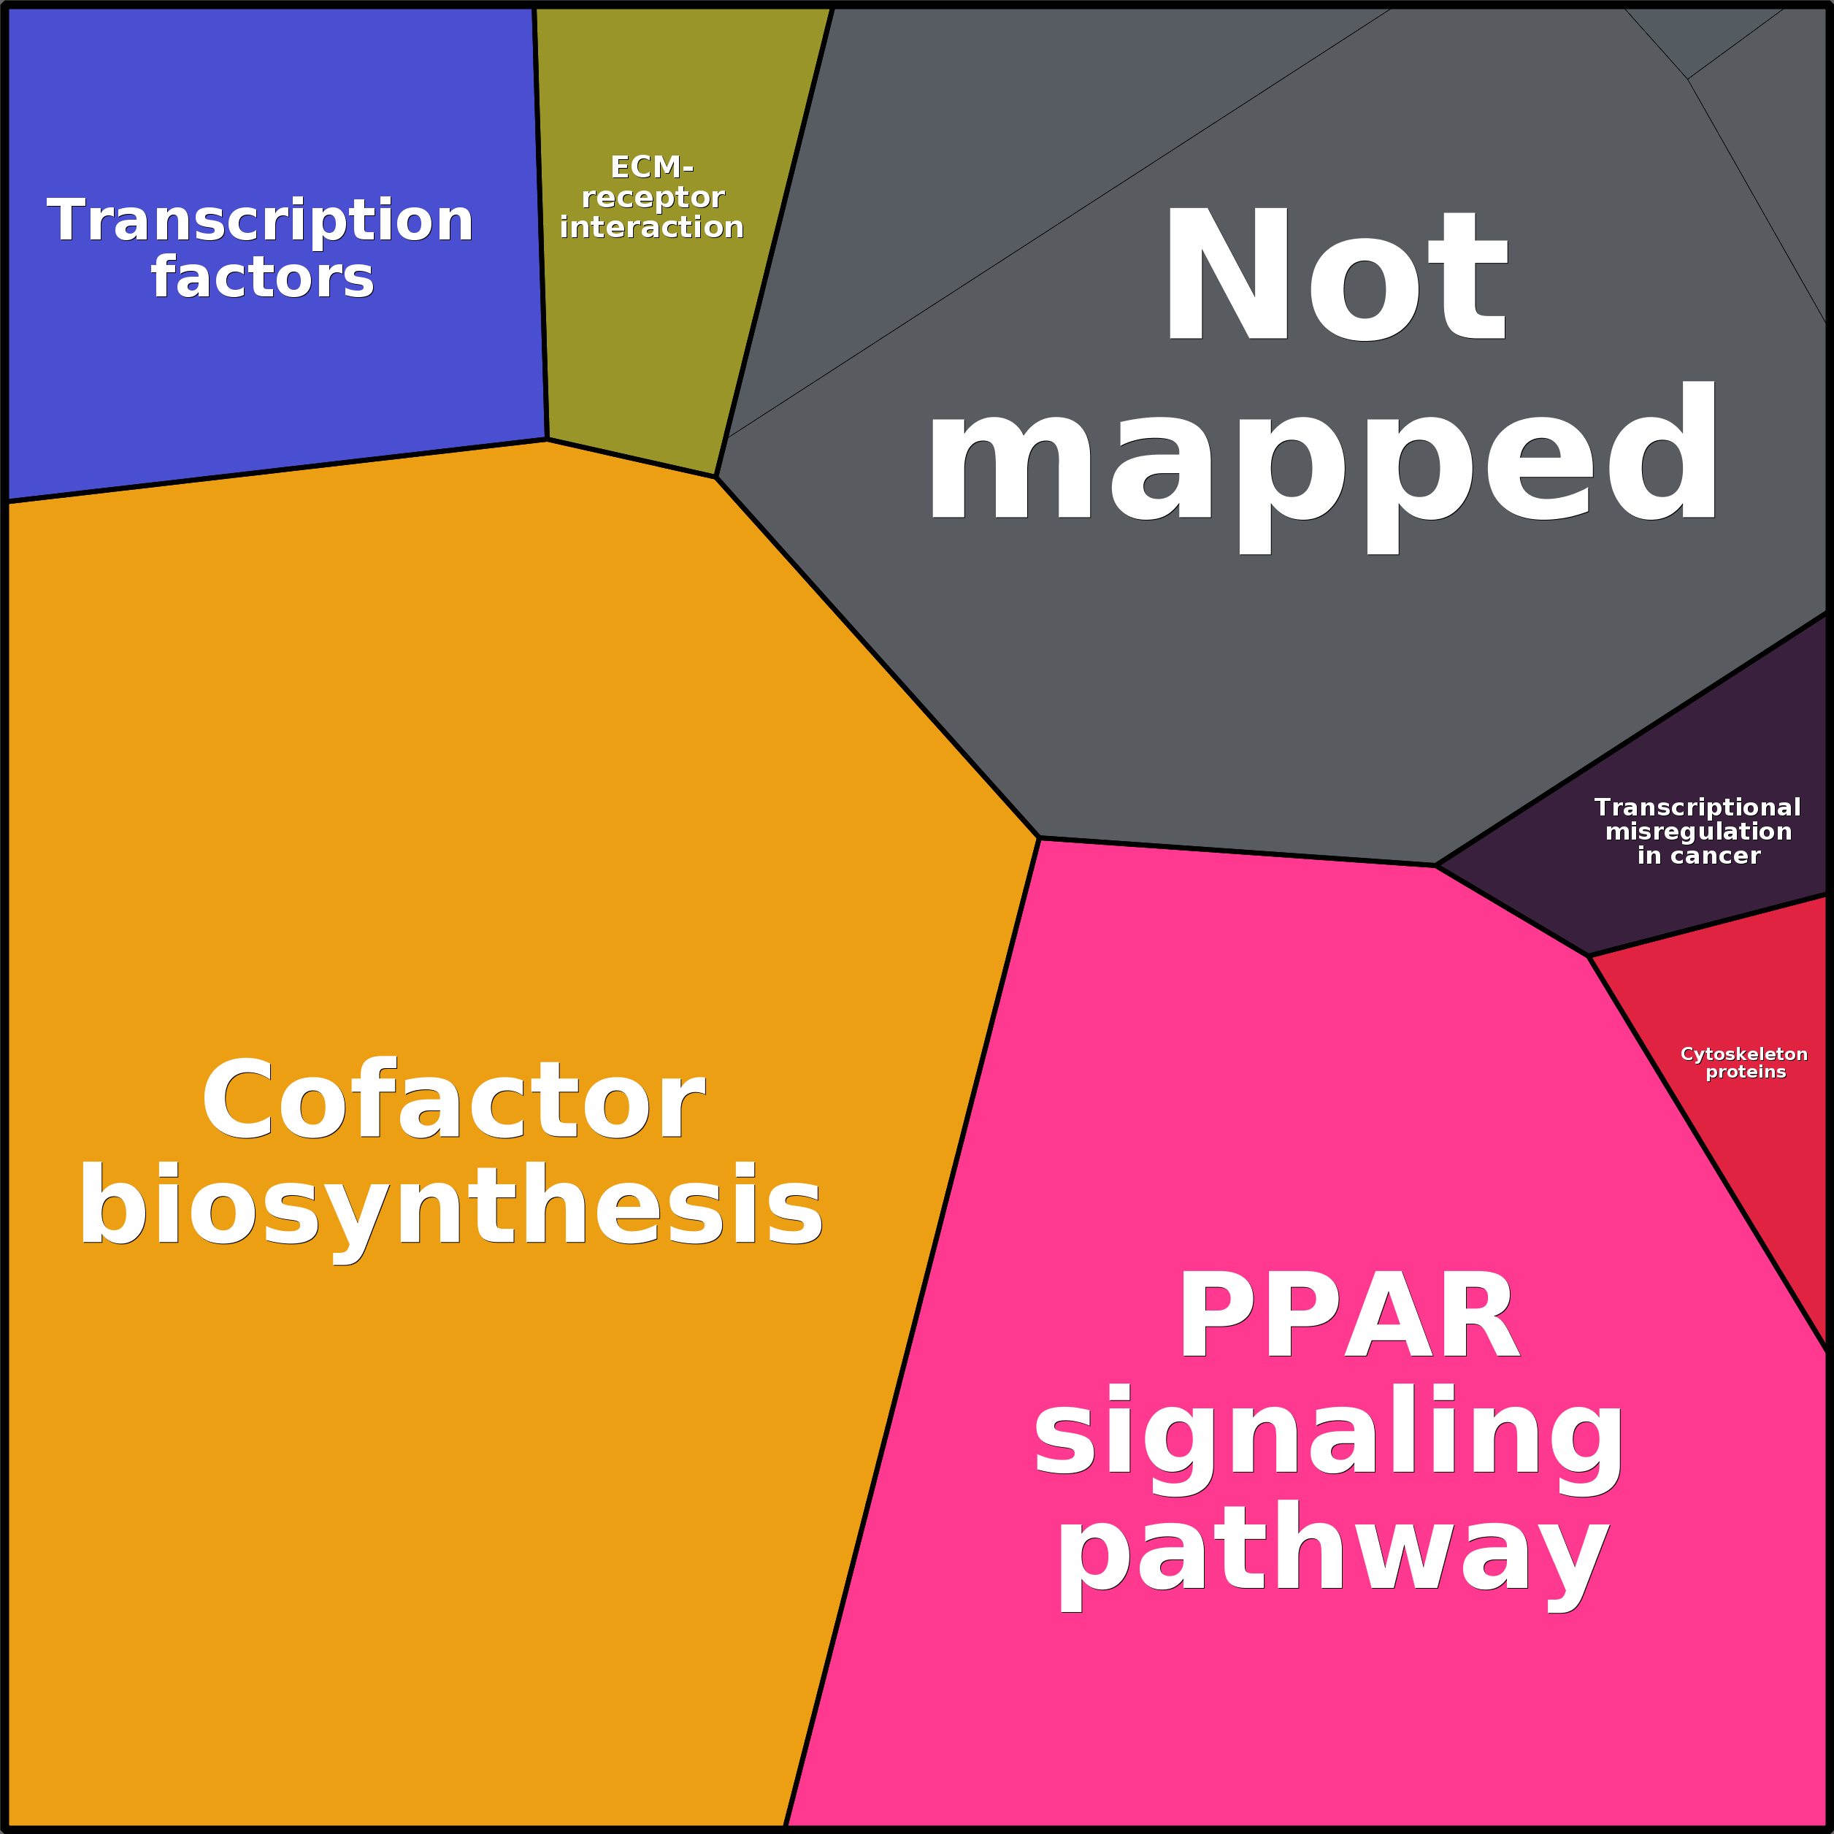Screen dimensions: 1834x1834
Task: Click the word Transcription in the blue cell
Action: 260,221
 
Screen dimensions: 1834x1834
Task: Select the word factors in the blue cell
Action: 263,277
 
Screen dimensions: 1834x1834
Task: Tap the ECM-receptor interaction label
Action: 652,197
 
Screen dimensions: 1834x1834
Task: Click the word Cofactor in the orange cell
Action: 452,1101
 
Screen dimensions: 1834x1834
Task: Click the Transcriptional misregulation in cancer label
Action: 1698,832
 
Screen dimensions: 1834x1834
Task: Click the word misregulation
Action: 1698,832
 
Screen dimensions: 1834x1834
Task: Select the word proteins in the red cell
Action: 1746,1073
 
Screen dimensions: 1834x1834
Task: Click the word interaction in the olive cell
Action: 652,228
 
